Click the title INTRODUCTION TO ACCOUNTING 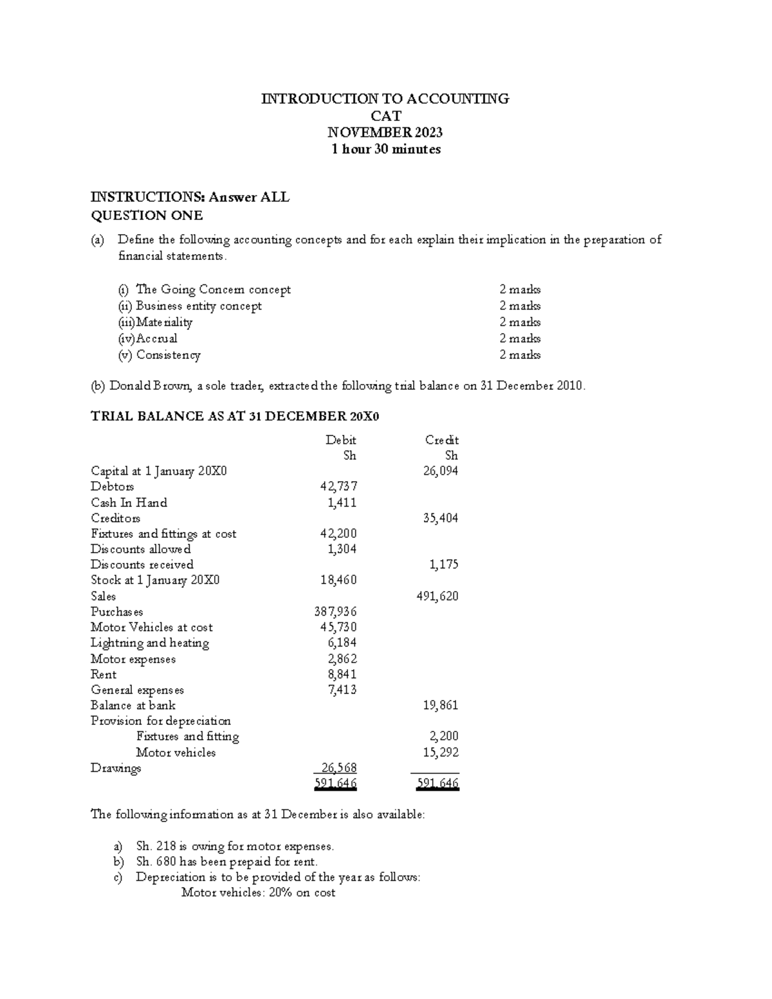pos(385,98)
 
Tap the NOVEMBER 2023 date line pos(385,133)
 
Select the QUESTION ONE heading pos(147,215)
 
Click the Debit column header pos(340,440)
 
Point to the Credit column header pos(441,440)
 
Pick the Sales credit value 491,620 pos(438,596)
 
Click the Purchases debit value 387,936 pos(335,612)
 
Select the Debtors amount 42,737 pos(338,486)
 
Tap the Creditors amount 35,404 pos(440,518)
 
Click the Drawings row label pos(116,768)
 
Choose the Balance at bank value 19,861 pos(440,705)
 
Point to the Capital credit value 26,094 pos(440,471)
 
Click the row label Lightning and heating pos(150,643)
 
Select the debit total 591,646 pos(335,784)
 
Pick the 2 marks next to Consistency pos(520,355)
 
